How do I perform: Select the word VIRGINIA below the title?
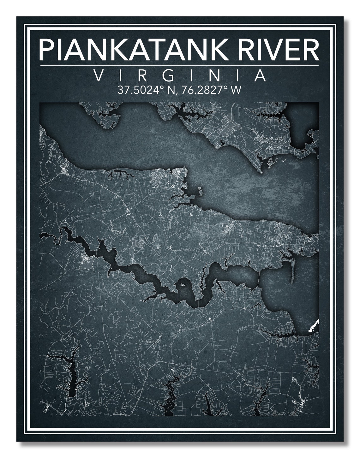(180, 76)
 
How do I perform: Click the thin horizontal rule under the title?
(180, 65)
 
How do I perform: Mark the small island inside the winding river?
(182, 285)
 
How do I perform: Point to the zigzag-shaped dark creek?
(171, 396)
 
